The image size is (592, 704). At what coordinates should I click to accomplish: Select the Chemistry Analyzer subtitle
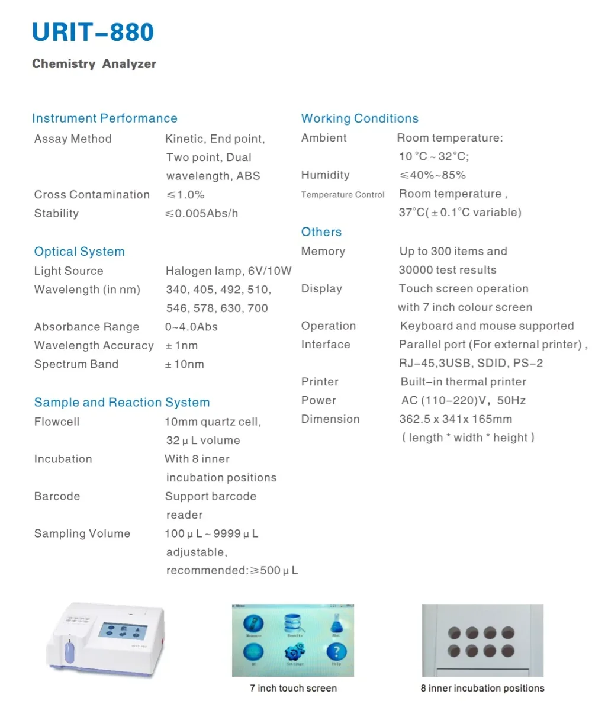coord(94,64)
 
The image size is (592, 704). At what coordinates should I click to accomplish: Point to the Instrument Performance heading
coord(105,118)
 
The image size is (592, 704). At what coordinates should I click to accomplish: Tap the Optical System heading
coord(79,252)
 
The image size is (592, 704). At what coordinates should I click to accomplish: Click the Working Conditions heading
coord(359,118)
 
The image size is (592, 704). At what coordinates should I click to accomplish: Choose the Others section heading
coord(321,232)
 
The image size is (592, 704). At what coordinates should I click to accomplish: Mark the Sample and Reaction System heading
coord(122,403)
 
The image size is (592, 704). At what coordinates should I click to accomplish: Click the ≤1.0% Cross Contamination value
coord(185,195)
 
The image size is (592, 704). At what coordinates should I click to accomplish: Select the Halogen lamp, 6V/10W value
coord(229,271)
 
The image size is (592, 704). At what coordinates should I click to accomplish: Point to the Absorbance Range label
coord(86,327)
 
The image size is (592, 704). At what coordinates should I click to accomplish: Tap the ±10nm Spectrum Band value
coord(185,364)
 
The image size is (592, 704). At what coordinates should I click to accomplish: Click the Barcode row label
coord(57,496)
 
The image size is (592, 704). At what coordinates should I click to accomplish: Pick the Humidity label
coord(325,175)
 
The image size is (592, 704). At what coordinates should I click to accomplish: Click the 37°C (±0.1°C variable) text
coord(460,213)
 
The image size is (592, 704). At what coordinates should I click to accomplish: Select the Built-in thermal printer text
coord(463,382)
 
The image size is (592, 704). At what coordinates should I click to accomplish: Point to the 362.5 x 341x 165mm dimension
coord(456,419)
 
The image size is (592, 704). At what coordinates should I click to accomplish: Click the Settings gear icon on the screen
coord(294,652)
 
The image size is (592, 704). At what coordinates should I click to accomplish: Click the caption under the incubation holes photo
coord(482,689)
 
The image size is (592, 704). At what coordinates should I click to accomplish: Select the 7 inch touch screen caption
coord(293,689)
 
